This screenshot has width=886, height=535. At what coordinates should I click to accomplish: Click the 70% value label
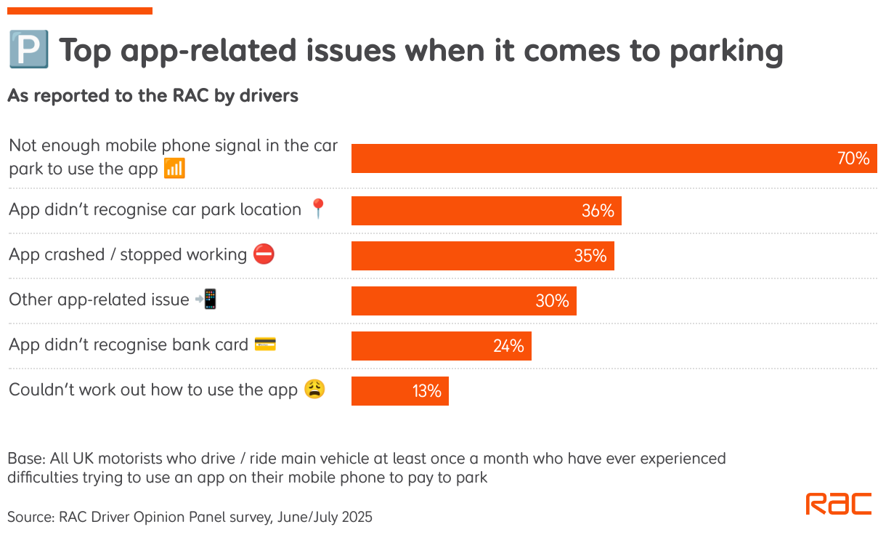(x=853, y=158)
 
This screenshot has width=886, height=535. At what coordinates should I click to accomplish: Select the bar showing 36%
(x=486, y=211)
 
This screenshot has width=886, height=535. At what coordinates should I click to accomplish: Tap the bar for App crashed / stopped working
(x=482, y=256)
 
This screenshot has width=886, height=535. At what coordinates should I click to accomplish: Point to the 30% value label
(x=552, y=301)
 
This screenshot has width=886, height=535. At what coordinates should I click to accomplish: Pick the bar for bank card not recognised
(x=441, y=346)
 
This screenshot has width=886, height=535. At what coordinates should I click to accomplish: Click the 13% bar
(x=399, y=391)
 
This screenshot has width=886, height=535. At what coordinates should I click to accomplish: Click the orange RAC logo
(x=839, y=504)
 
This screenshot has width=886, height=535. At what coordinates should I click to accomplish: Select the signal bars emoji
(x=174, y=169)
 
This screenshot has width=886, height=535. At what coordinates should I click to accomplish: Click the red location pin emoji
(x=318, y=209)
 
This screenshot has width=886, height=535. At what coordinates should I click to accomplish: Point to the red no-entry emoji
(x=264, y=254)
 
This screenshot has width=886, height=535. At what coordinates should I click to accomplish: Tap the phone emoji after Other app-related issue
(x=207, y=299)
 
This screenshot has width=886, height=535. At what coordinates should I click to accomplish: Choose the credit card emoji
(x=265, y=345)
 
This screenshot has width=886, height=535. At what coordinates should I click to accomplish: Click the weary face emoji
(x=314, y=390)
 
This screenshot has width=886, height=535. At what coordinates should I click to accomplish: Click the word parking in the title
(x=726, y=52)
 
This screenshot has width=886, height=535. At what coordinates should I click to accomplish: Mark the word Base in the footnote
(x=25, y=459)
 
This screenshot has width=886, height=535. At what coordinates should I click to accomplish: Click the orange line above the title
(x=80, y=11)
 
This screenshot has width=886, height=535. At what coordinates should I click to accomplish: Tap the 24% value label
(x=508, y=346)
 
